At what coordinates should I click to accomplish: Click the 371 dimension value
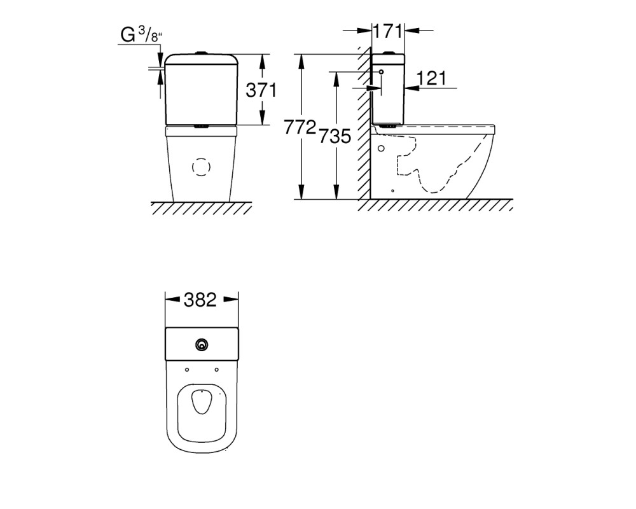pos(261,90)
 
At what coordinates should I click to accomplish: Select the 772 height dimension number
pos(300,127)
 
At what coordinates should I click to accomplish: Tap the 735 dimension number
pos(335,136)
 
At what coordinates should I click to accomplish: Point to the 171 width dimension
pos(388,31)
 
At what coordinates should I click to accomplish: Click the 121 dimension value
pos(431,78)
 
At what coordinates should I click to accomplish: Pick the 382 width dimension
pos(200,300)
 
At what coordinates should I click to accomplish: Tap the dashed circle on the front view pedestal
pos(201,167)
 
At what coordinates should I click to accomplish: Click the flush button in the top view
pos(202,345)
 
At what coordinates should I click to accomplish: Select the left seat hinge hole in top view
pos(187,370)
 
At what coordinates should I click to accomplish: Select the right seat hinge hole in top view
pos(217,370)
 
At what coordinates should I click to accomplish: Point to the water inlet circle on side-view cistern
pos(381,72)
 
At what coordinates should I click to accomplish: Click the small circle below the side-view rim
pos(381,148)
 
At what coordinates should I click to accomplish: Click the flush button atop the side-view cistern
pos(389,52)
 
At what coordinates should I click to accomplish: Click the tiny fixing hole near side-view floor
pos(392,190)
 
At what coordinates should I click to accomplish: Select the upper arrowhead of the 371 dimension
pos(263,61)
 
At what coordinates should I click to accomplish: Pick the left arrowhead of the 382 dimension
pos(172,300)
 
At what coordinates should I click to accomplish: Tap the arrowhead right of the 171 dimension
pos(412,30)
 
